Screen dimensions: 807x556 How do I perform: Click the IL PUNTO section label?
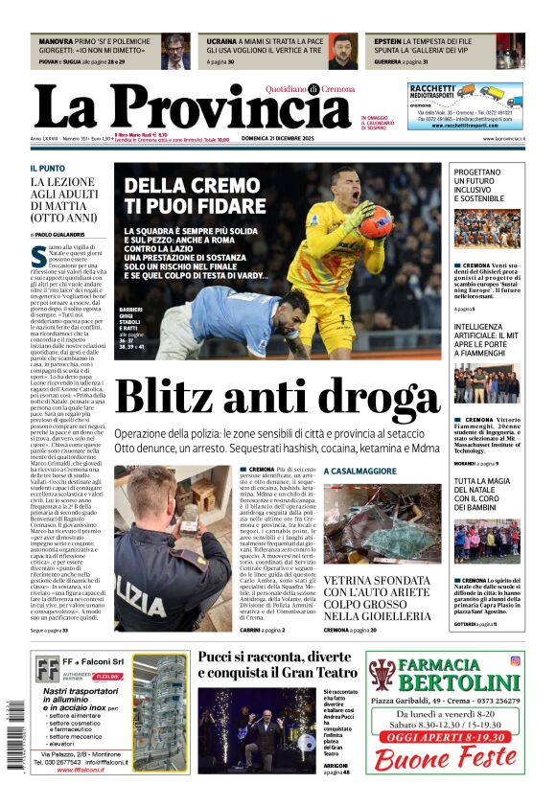[x=47, y=168]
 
